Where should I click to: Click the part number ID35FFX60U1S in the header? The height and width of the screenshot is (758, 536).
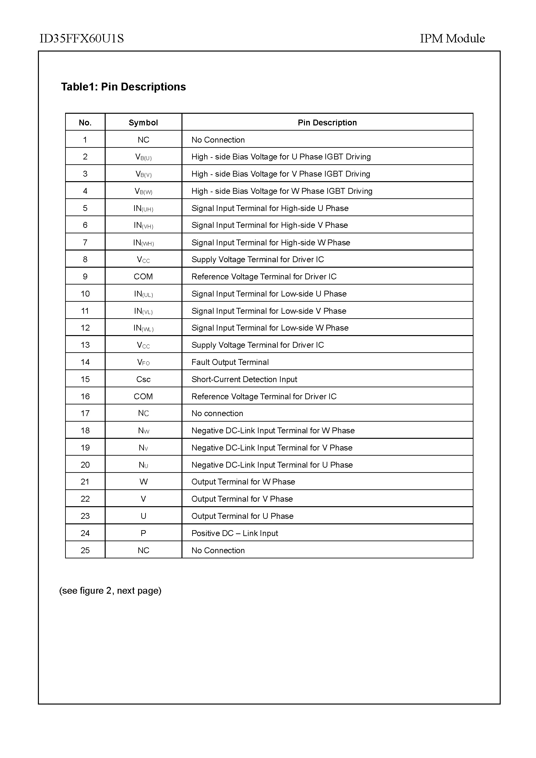(82, 39)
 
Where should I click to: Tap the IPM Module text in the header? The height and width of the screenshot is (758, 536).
(452, 39)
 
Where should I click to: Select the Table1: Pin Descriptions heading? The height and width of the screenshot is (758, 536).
(123, 87)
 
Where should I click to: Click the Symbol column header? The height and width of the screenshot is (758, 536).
(143, 123)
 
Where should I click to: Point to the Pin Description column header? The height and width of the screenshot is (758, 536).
(327, 123)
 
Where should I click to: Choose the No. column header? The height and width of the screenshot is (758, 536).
(85, 123)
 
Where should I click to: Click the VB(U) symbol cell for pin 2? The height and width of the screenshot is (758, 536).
(143, 157)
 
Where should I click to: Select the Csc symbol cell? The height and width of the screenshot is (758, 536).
(143, 379)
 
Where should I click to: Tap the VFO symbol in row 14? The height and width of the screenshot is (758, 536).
(143, 363)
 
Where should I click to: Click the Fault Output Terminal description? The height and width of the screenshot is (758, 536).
(230, 362)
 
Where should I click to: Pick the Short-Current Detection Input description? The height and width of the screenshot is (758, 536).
(244, 379)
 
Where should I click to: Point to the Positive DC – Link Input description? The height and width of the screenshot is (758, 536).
(235, 533)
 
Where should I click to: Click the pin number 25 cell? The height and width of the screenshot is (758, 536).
(85, 550)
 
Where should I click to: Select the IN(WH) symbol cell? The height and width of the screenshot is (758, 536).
(143, 243)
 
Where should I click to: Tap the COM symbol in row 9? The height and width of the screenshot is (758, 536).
(143, 277)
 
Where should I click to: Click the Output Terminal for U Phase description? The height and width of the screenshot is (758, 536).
(242, 516)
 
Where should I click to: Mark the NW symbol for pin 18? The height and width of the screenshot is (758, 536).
(144, 430)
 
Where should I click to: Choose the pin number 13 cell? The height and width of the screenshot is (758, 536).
(85, 345)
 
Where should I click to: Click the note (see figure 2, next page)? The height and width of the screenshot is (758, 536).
(110, 591)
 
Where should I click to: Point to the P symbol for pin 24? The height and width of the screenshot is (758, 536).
(143, 533)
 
